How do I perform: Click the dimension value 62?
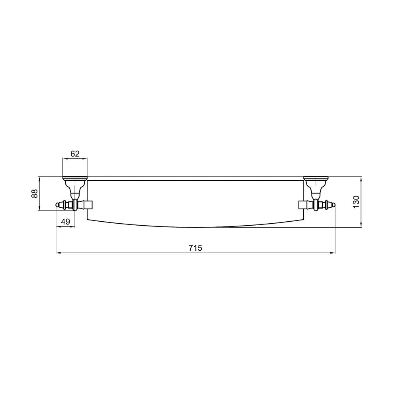[x=75, y=154]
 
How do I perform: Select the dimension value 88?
[x=34, y=194]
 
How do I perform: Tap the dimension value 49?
[x=66, y=222]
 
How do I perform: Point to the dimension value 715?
[x=195, y=248]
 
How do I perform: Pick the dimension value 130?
[x=356, y=202]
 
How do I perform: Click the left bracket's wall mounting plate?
[x=75, y=178]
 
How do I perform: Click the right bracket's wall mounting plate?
[x=316, y=178]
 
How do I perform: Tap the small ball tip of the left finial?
[x=57, y=205]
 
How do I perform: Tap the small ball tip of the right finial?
[x=334, y=205]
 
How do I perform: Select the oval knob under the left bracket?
[x=75, y=205]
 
